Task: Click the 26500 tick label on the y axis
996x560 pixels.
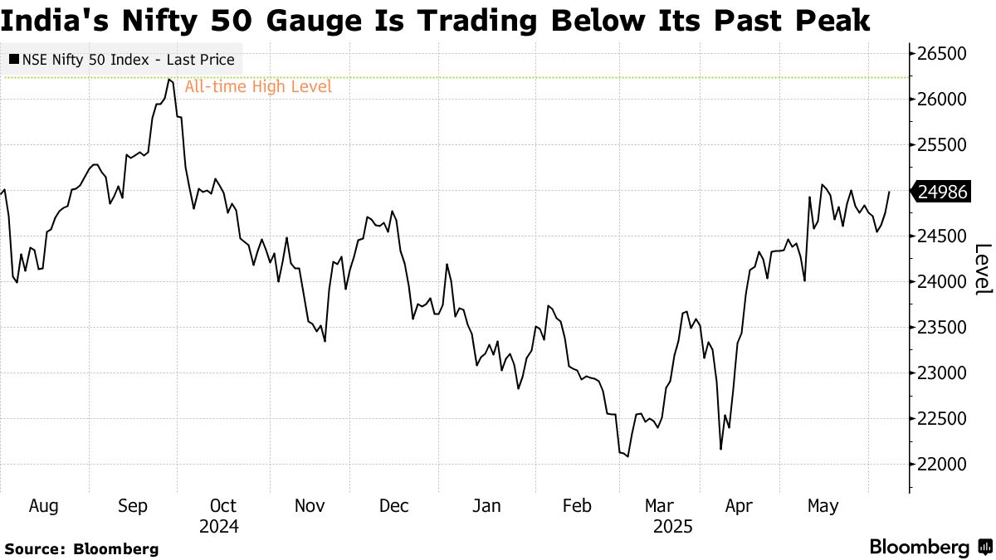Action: (943, 54)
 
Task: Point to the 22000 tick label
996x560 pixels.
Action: (943, 465)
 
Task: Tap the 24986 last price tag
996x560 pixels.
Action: (942, 192)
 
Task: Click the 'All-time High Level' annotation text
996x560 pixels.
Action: (258, 86)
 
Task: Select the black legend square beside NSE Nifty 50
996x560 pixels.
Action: (15, 60)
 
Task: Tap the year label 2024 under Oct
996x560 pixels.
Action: (219, 526)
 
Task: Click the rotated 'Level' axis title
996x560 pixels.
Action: (983, 269)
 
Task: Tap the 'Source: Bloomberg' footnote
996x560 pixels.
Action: (81, 548)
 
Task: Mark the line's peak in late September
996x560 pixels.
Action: (169, 79)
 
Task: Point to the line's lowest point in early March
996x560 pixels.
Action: (627, 456)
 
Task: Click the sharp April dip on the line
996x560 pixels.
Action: (720, 449)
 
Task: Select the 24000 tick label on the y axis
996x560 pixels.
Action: (943, 282)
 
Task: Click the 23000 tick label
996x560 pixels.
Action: (943, 373)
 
